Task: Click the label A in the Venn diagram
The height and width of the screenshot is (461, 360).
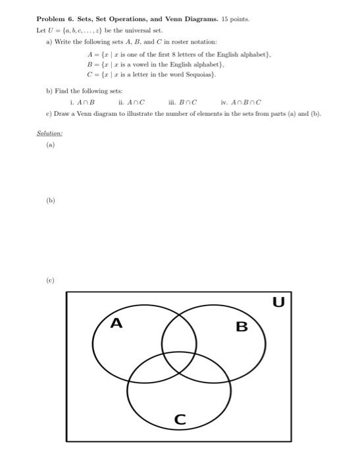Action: point(116,323)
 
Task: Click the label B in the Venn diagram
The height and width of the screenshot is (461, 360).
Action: point(242,326)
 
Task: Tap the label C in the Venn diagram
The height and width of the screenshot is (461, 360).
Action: point(180,419)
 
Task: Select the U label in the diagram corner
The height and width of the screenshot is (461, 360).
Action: point(278,302)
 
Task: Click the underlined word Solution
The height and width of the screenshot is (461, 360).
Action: point(49,133)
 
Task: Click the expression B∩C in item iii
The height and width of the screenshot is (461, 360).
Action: point(188,102)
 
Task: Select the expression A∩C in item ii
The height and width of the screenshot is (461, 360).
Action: point(136,102)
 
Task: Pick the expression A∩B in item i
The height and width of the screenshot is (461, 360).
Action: point(87,102)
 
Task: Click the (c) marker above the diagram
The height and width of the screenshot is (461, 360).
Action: point(51,280)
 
